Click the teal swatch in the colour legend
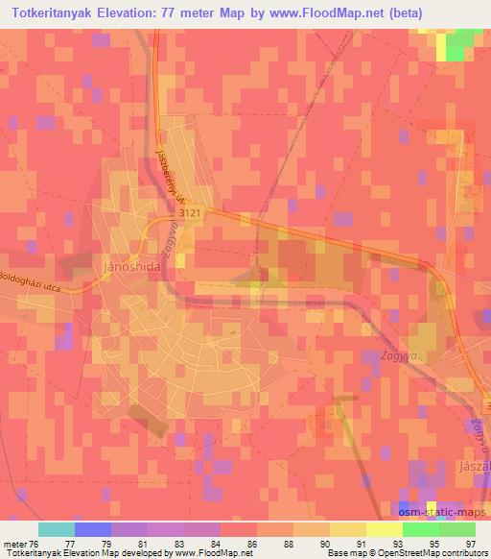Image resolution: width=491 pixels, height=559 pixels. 56,529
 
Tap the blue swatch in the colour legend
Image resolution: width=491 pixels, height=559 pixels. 92,529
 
